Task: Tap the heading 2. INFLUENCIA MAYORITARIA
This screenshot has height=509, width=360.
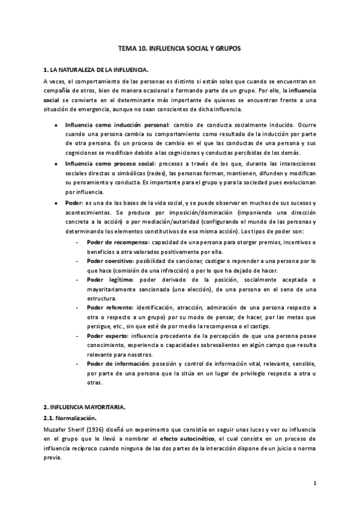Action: point(85,406)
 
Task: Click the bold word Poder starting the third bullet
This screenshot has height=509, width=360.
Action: point(73,203)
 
